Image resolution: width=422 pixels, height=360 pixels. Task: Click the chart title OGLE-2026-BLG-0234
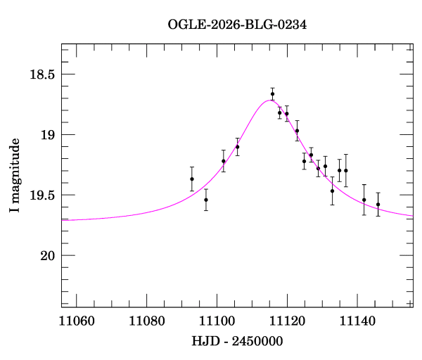click(237, 25)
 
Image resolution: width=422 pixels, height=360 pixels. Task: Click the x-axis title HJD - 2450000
click(238, 342)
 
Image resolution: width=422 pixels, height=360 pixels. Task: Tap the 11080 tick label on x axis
click(146, 322)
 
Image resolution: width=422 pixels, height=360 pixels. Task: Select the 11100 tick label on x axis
click(217, 322)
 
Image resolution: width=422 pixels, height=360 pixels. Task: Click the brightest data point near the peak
click(272, 94)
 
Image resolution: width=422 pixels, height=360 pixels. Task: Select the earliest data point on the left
click(191, 179)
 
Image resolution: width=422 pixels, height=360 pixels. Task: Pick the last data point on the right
click(378, 205)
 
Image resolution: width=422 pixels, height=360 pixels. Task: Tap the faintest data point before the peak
click(206, 200)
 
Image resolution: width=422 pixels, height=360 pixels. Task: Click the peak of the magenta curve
click(269, 101)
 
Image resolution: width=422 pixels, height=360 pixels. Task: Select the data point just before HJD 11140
click(346, 170)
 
